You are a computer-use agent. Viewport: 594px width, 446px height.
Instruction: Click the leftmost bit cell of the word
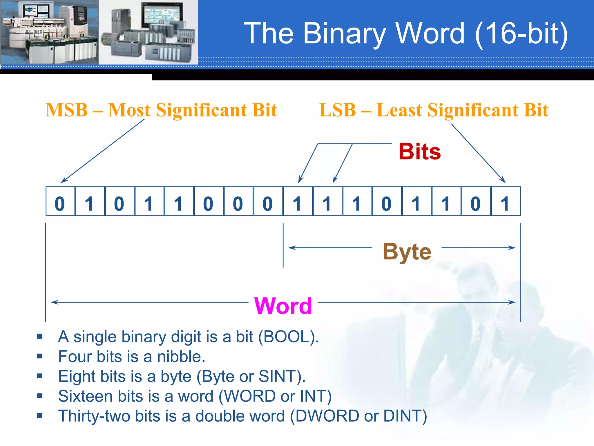[60, 202]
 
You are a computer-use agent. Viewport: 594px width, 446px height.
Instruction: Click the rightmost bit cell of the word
[506, 202]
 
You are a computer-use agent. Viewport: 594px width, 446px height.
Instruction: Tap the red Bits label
[419, 152]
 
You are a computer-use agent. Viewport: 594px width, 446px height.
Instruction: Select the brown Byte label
[407, 251]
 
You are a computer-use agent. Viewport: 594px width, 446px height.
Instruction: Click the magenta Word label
[283, 306]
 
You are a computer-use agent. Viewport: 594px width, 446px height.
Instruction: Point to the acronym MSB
[67, 110]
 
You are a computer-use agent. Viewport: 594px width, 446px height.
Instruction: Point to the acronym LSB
[337, 110]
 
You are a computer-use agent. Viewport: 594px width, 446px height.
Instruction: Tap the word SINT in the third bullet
[277, 376]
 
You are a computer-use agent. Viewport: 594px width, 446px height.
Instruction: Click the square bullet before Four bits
[40, 356]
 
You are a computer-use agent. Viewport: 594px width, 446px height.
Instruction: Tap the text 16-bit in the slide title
[521, 34]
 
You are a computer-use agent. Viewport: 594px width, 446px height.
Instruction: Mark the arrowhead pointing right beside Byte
[512, 248]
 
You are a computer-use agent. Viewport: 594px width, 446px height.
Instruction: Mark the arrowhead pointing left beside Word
[54, 302]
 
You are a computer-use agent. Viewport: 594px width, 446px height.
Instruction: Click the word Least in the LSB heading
[399, 110]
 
